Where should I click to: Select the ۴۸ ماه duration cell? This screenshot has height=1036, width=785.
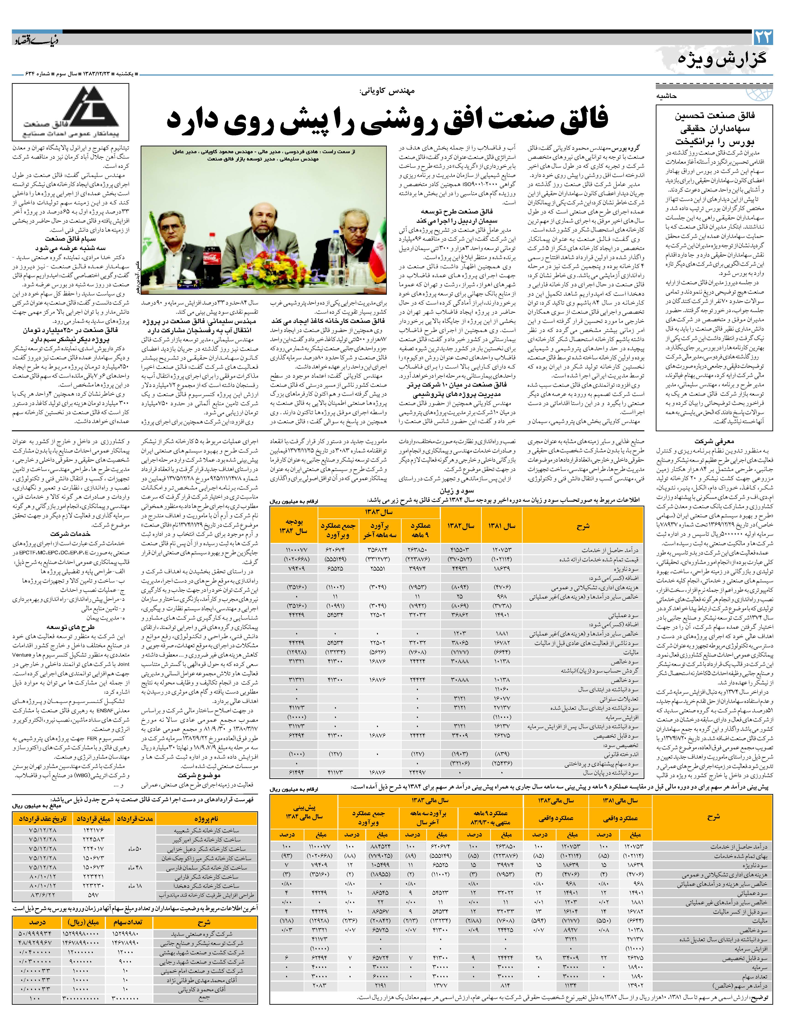(x=136, y=867)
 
